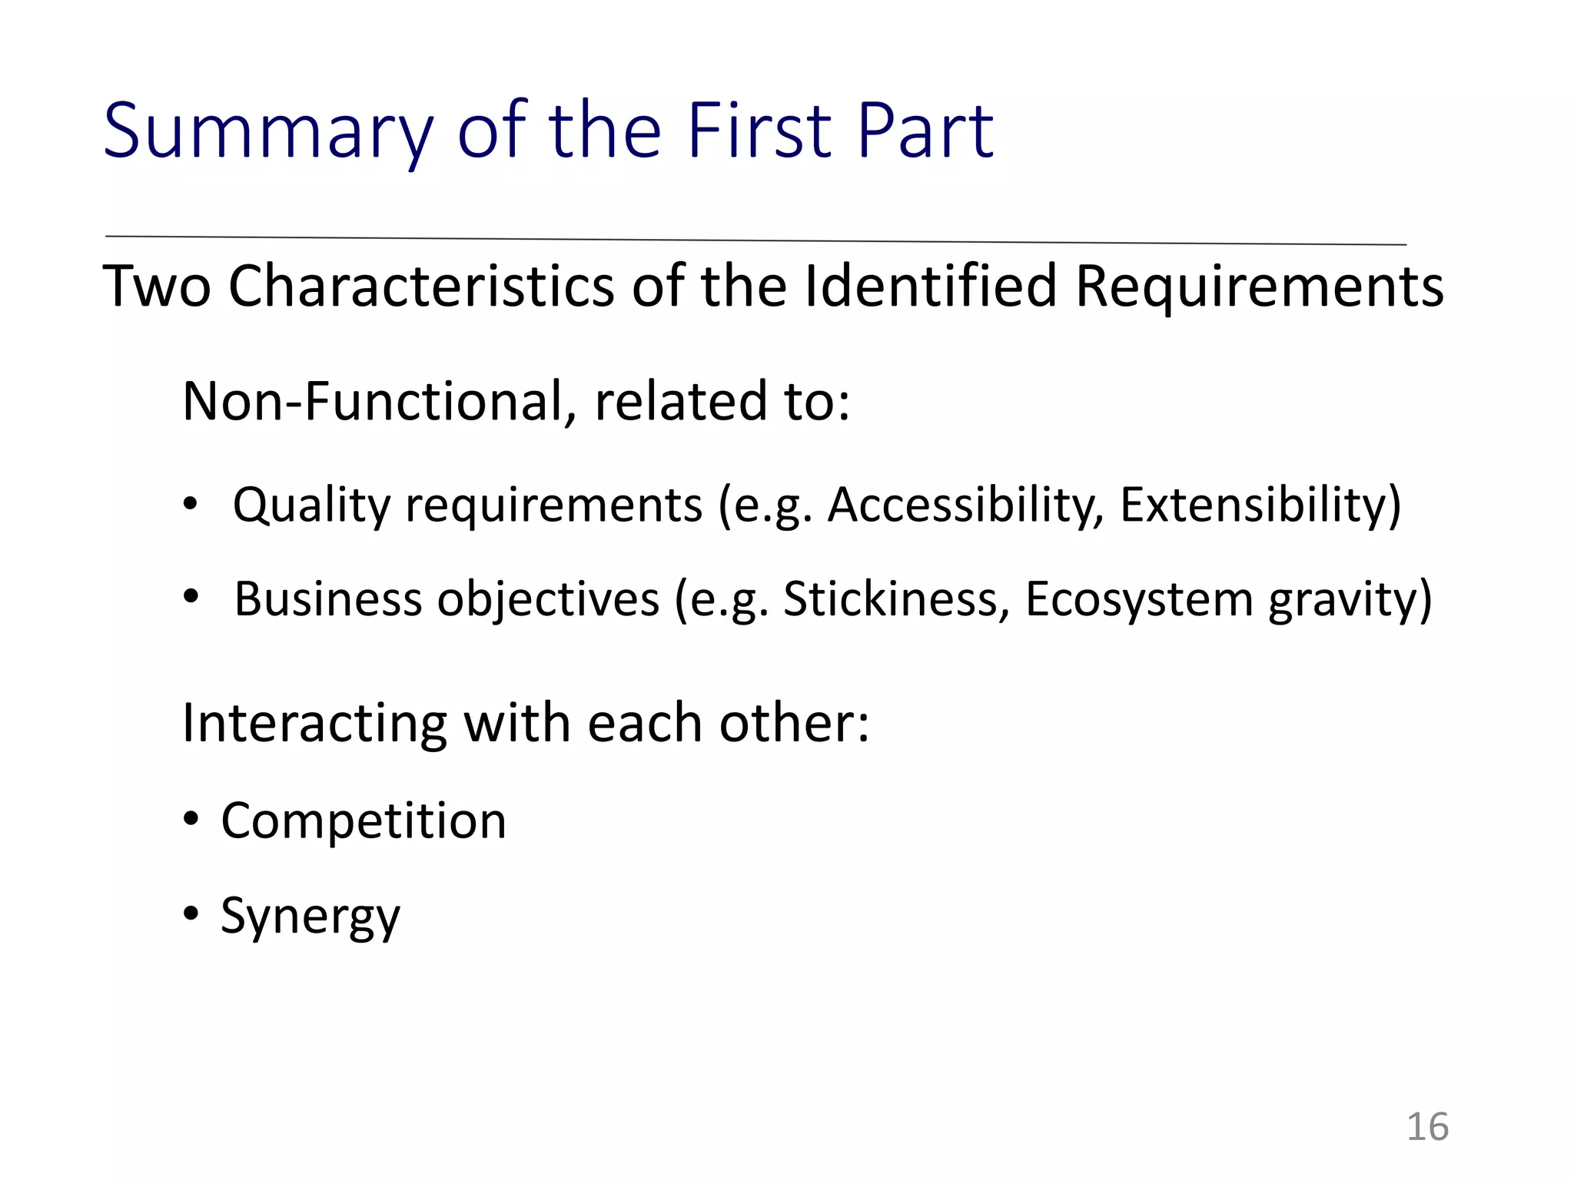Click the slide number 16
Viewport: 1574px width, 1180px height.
pos(1427,1127)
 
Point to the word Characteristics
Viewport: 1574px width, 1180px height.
pos(421,287)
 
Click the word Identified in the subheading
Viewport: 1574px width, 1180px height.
pos(930,287)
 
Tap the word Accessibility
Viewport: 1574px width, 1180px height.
pos(965,505)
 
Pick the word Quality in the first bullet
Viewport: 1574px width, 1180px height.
pos(312,506)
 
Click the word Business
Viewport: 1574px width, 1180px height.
pos(328,599)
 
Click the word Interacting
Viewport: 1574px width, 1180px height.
pos(314,724)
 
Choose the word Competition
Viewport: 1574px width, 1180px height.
pos(364,821)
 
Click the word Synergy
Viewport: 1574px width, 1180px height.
pos(310,916)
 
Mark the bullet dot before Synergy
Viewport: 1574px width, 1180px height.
pos(191,913)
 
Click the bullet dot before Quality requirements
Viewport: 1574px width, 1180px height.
pos(191,505)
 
